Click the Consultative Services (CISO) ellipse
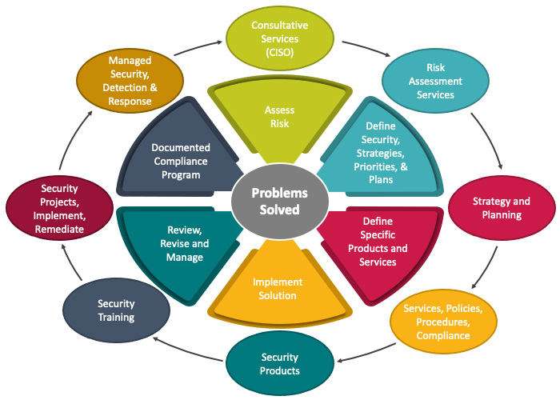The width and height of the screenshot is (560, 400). point(279,38)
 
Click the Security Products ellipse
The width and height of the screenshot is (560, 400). point(280,363)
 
